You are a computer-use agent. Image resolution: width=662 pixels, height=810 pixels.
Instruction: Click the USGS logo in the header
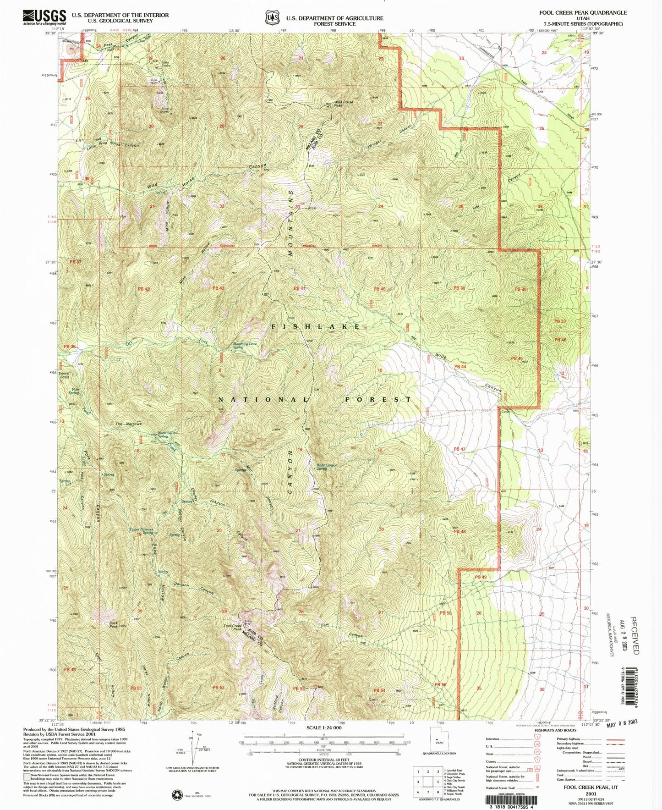44,17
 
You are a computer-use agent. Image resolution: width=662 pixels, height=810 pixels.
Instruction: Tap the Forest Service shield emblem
273,17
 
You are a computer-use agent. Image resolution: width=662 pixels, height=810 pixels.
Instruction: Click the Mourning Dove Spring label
244,345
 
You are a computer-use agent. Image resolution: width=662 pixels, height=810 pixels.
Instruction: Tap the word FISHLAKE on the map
316,326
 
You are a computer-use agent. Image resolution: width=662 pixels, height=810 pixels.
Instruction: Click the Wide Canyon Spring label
327,467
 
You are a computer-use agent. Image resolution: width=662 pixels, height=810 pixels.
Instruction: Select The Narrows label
128,424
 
